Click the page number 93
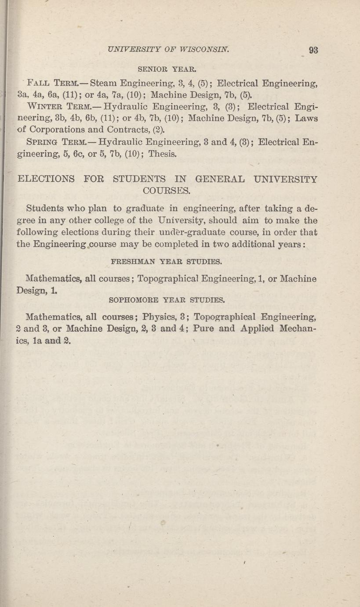point(313,50)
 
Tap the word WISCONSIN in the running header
point(203,49)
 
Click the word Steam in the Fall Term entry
point(105,82)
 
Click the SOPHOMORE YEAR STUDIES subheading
point(167,300)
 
